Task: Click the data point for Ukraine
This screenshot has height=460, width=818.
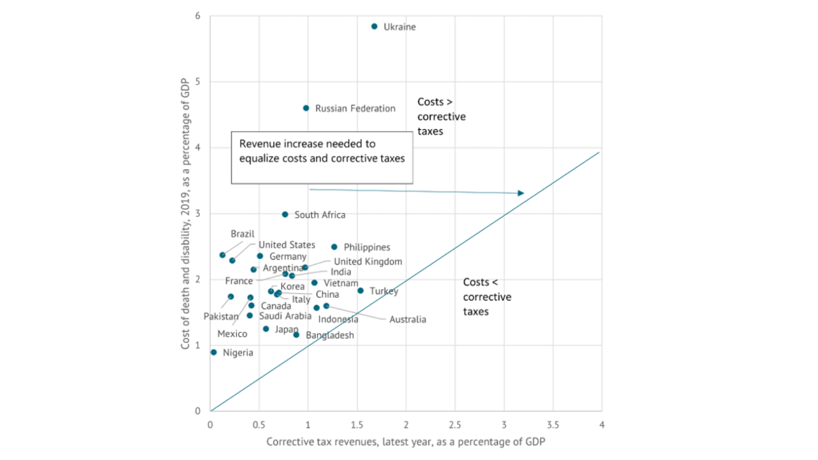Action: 374,27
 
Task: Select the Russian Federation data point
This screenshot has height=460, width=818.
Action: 306,108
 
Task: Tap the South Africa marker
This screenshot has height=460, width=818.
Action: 285,215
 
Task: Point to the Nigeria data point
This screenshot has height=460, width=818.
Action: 214,352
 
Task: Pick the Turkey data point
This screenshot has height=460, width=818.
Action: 360,291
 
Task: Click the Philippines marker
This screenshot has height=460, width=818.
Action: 334,247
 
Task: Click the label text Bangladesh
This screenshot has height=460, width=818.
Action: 330,335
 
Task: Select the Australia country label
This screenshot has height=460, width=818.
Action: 407,319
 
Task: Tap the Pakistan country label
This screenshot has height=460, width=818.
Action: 221,316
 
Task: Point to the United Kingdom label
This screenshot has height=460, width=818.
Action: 368,262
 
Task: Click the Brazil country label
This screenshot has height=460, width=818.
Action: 242,234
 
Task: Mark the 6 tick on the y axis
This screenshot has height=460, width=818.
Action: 198,16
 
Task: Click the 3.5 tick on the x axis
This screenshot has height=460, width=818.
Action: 553,425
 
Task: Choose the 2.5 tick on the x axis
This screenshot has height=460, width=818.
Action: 455,425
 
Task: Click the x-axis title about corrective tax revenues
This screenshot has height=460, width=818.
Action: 405,442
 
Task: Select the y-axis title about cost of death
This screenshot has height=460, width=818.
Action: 185,213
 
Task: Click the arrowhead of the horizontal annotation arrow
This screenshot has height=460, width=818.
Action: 521,193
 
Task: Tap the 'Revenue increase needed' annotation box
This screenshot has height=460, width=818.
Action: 322,157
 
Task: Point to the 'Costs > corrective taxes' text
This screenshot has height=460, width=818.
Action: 441,117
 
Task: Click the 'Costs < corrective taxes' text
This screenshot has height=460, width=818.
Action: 487,297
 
